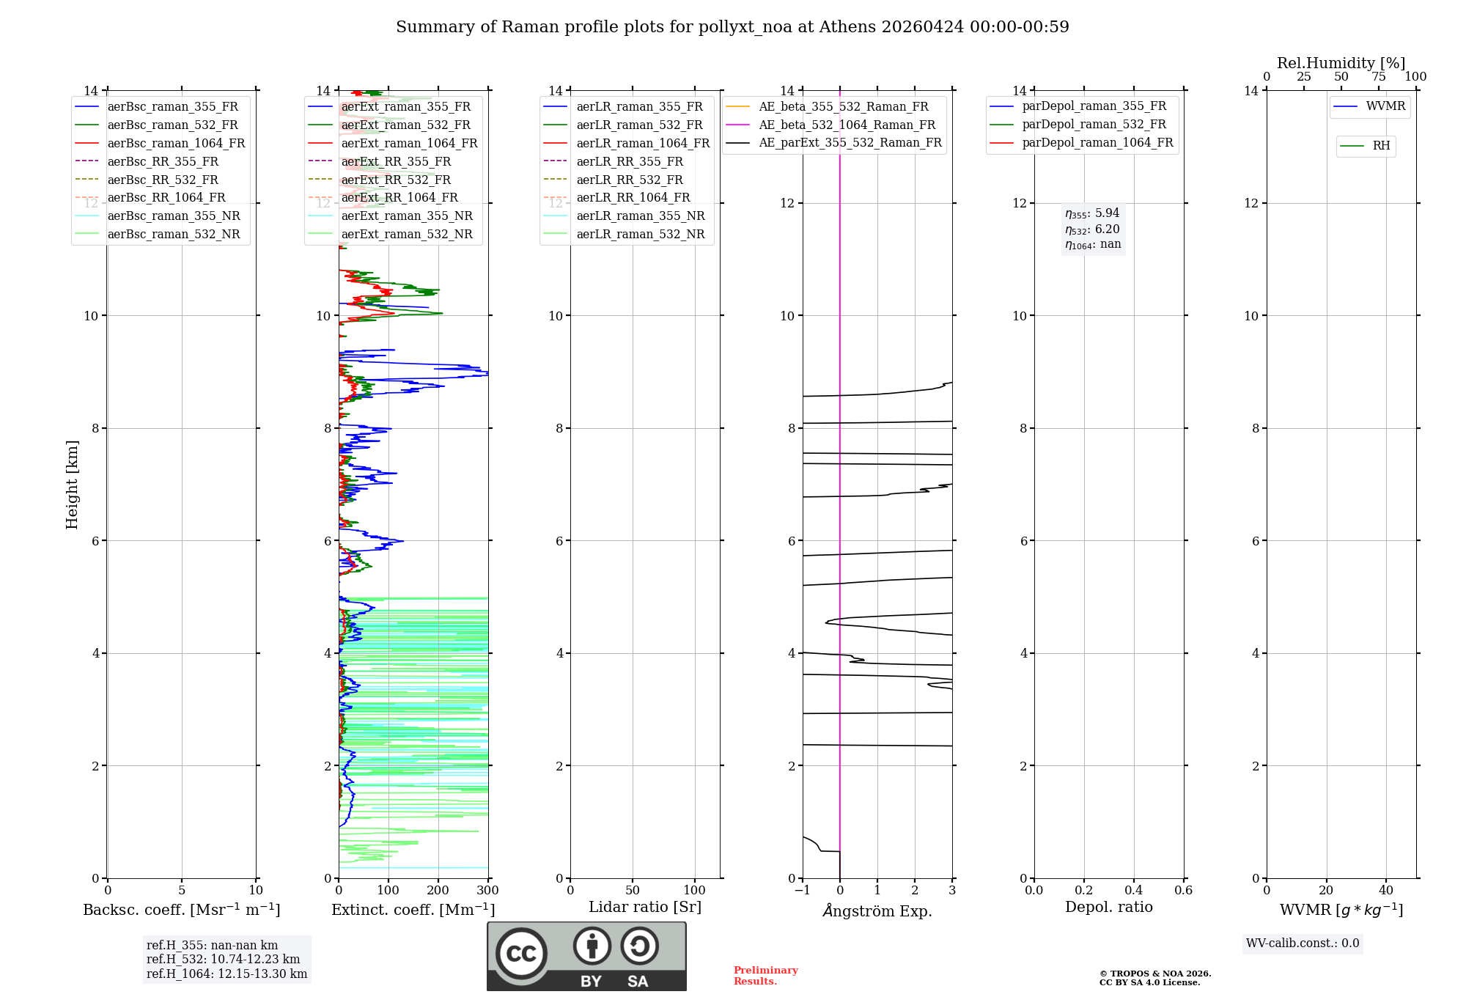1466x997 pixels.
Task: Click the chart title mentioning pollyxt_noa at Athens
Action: point(732,27)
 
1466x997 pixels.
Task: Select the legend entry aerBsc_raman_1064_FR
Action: point(176,143)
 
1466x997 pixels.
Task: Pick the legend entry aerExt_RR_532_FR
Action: point(396,180)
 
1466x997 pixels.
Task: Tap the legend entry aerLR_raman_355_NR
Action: point(640,216)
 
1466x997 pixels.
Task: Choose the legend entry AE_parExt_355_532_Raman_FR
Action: point(850,142)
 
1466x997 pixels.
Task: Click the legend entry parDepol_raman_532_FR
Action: point(1094,124)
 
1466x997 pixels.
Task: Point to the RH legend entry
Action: point(1381,146)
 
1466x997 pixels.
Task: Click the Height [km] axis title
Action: point(72,484)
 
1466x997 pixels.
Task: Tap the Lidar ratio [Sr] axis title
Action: point(645,907)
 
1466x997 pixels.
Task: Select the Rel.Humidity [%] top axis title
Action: point(1341,63)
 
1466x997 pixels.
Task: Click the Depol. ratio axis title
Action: point(1108,907)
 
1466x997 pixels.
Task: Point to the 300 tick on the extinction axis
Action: point(487,891)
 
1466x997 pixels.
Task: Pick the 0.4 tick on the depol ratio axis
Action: point(1133,891)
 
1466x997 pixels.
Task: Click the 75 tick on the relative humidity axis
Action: point(1378,77)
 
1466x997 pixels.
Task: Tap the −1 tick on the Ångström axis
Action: point(802,891)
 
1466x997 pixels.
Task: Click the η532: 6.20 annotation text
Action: point(1092,229)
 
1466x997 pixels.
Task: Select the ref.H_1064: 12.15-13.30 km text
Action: point(226,974)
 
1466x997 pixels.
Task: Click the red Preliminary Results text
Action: point(765,976)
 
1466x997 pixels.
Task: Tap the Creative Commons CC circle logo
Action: point(521,954)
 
